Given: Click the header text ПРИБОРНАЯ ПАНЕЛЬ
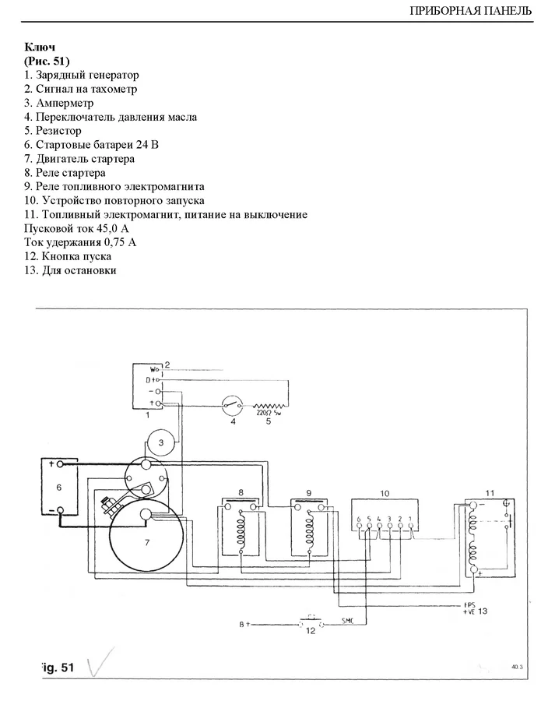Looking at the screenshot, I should pyautogui.click(x=469, y=11).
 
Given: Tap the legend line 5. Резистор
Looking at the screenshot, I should pyautogui.click(x=52, y=131).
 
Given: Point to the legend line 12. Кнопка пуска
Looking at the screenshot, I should pyautogui.click(x=68, y=256).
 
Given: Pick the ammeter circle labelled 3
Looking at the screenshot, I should pyautogui.click(x=160, y=442).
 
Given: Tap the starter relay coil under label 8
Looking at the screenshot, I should pyautogui.click(x=241, y=530).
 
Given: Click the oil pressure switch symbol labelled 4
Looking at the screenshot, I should pyautogui.click(x=231, y=406).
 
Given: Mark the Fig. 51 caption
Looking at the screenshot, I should pyautogui.click(x=57, y=668).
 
